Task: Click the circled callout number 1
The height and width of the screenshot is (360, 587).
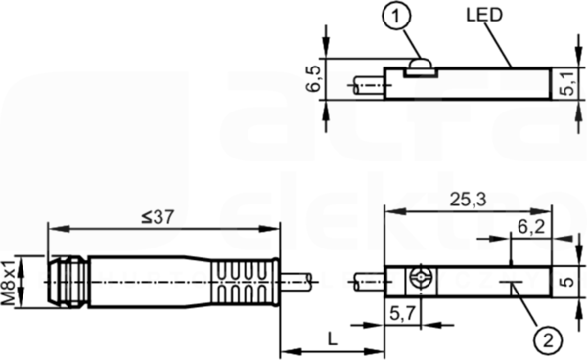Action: (396, 16)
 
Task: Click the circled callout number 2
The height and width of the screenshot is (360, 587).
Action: (548, 340)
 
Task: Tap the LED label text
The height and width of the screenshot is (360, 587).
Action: (484, 15)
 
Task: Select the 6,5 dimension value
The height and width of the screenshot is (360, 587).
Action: (313, 79)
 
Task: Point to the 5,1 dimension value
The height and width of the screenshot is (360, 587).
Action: (569, 84)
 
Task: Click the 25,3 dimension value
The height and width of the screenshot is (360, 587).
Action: (468, 200)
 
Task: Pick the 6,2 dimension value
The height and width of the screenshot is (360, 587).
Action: (531, 227)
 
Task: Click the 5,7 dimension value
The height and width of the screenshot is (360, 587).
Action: (403, 313)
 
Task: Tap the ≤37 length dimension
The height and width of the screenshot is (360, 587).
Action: (158, 217)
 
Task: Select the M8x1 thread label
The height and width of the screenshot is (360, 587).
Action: (8, 282)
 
